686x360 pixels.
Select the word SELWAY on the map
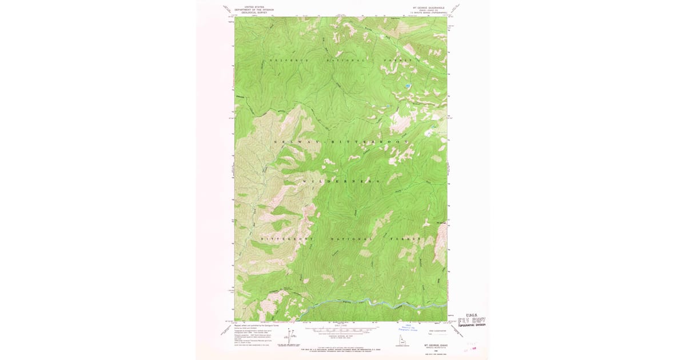[296, 141]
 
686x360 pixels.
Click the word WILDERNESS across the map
[341, 181]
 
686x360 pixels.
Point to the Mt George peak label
[441, 223]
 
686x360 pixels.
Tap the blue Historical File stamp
[408, 329]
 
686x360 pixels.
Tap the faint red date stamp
[472, 345]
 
